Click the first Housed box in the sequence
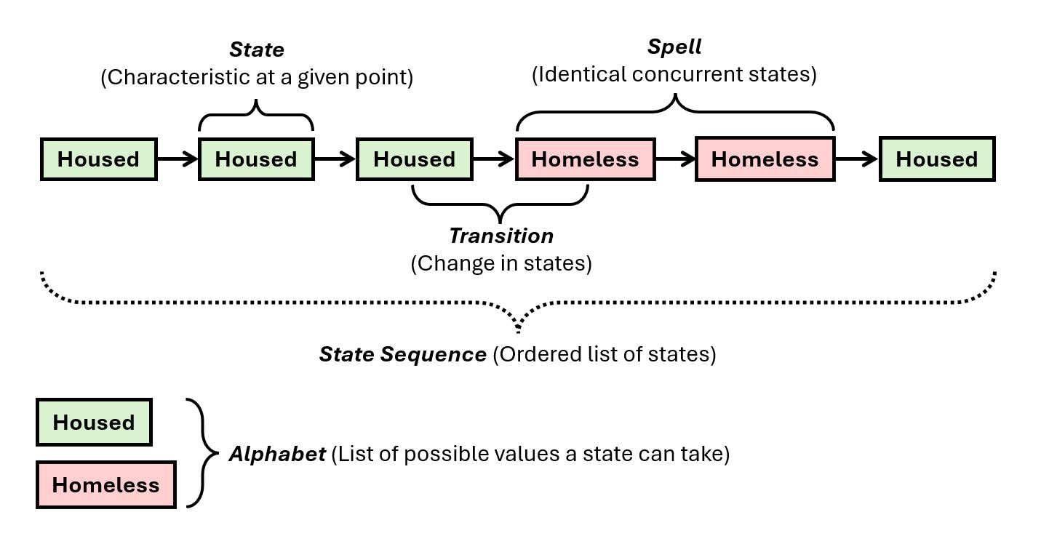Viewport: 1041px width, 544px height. point(98,159)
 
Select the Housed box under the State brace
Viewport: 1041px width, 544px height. point(256,159)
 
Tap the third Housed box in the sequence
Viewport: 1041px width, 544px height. point(414,159)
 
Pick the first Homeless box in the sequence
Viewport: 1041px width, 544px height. point(585,159)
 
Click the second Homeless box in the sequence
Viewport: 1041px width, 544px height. point(765,159)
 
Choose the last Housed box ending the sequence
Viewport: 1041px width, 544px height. point(936,159)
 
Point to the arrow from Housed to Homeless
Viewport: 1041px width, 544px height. point(494,159)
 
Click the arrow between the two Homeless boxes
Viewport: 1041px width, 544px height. point(675,159)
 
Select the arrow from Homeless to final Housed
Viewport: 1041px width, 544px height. point(856,159)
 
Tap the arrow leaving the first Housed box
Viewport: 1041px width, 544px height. point(178,159)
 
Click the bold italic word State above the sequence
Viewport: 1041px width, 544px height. point(256,49)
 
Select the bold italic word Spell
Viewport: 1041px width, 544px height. point(674,47)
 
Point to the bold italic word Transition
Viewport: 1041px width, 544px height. point(500,236)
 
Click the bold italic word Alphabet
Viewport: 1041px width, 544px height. point(276,455)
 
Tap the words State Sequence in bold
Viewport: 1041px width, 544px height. point(402,354)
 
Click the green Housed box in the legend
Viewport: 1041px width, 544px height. point(94,422)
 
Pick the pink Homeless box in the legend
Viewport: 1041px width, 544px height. point(105,484)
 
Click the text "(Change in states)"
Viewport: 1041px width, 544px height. point(500,263)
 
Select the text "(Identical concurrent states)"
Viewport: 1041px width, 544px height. point(674,74)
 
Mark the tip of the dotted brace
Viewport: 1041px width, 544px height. point(518,331)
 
